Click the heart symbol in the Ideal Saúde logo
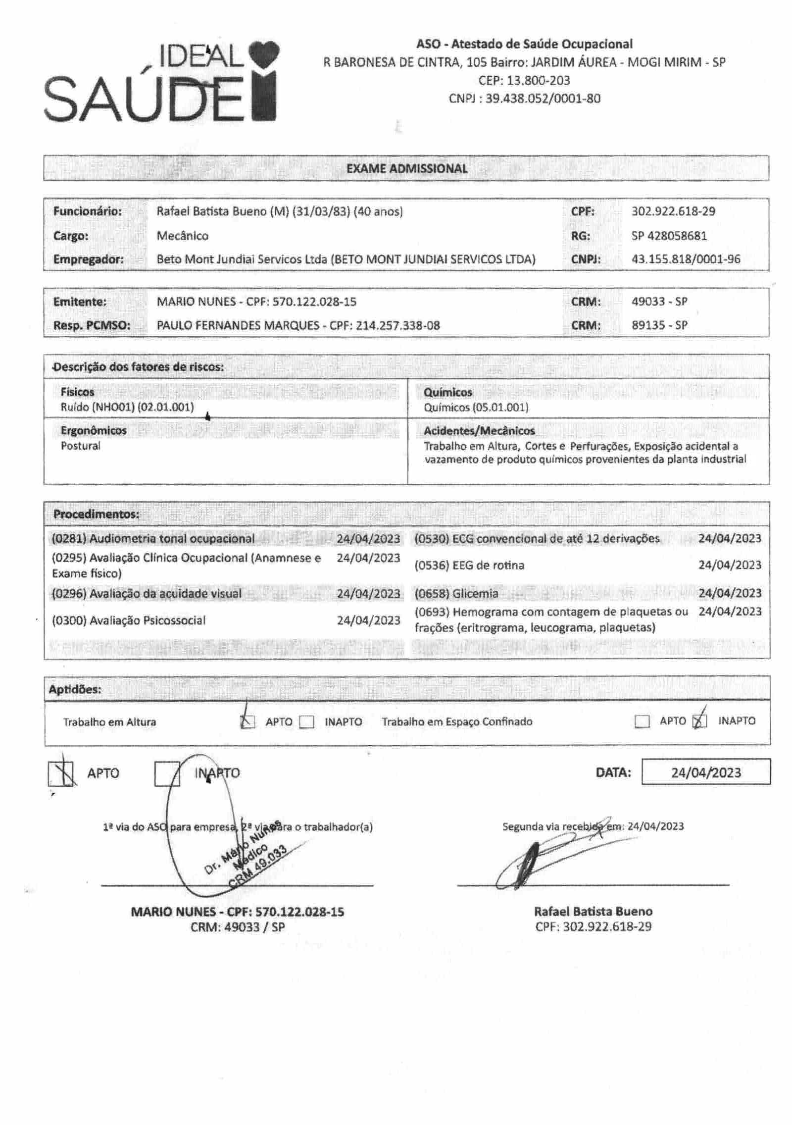click(x=264, y=54)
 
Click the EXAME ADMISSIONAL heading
click(x=406, y=168)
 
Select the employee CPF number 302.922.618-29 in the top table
click(x=673, y=211)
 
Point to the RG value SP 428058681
click(x=669, y=236)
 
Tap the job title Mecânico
click(x=183, y=236)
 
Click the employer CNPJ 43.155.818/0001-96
click(x=686, y=259)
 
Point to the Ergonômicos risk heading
click(x=94, y=430)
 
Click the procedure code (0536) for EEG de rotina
click(x=432, y=565)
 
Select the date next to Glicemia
click(x=730, y=593)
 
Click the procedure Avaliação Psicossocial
click(x=147, y=620)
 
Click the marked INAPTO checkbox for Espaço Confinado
click(x=699, y=721)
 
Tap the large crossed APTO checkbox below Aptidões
click(x=61, y=774)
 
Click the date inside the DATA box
click(x=706, y=773)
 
